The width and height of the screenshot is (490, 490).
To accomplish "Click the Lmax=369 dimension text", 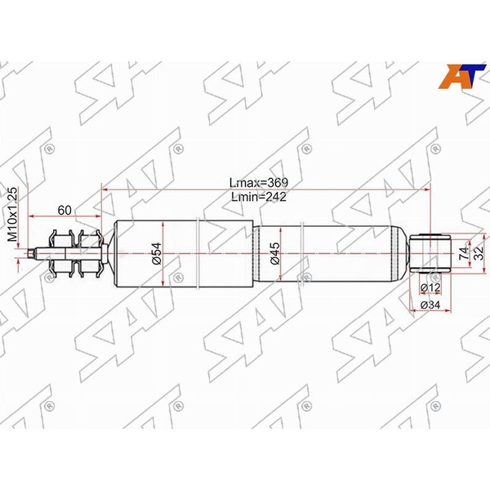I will click(260, 182).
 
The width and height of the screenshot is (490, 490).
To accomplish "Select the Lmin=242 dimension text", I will click(259, 197).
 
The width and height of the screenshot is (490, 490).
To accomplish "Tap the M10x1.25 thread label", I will click(12, 212).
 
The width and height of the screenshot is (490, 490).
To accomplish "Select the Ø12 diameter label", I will click(430, 288).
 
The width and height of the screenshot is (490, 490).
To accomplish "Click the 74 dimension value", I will click(465, 254).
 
